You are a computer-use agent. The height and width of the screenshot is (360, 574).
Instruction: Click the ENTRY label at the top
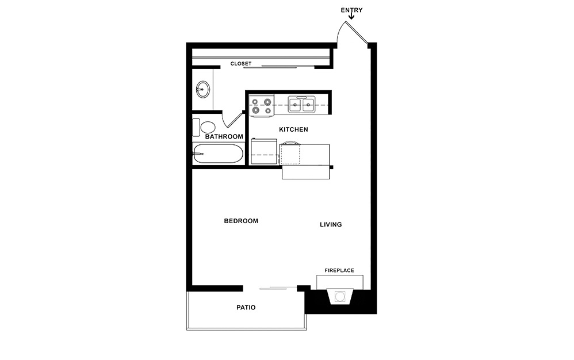tap(351, 10)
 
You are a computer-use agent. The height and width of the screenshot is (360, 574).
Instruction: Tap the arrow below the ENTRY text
tap(351, 17)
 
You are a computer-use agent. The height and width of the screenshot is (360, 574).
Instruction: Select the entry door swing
tap(351, 32)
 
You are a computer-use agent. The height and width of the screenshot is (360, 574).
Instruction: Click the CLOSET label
tap(241, 64)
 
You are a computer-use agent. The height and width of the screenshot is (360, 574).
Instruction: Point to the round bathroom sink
tap(202, 89)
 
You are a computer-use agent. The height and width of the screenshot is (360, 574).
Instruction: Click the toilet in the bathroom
tap(205, 127)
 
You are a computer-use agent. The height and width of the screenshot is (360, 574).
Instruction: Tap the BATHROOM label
tap(224, 136)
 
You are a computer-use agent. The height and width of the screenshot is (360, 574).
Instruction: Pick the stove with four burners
tap(261, 106)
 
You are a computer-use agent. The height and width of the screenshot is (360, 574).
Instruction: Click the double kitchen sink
tap(302, 104)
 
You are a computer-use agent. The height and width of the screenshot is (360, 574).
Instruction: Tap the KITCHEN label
tap(293, 129)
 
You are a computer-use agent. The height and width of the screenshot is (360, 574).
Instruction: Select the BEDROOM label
tap(240, 221)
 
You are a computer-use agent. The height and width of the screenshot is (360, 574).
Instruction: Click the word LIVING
tap(331, 224)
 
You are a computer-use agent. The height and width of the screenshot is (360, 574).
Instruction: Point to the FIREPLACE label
tap(339, 270)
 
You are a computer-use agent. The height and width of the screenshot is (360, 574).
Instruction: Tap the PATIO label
tap(246, 308)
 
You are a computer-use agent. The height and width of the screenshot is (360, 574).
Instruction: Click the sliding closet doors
tap(279, 67)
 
